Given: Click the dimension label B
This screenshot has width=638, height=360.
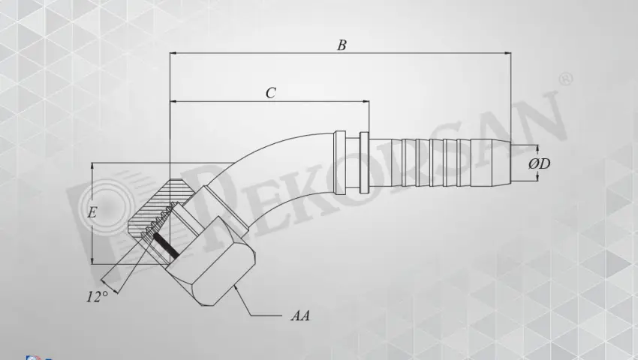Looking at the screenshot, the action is tap(342, 45).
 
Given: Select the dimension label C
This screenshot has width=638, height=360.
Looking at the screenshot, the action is tap(270, 93).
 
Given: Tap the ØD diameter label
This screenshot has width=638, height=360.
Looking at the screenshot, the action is tap(540, 163).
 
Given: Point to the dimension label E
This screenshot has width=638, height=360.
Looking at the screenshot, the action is tap(92, 212).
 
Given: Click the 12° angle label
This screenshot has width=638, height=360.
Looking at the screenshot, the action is tap(97, 296).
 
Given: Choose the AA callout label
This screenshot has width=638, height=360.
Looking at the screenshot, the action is tap(300, 316).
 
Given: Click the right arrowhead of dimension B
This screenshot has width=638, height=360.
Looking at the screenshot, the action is tap(508, 53).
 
